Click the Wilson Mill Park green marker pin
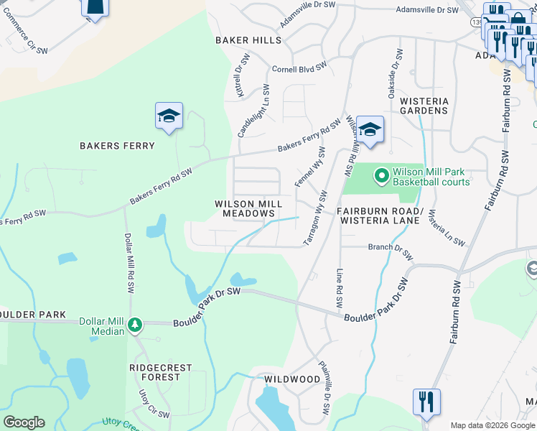(380, 175)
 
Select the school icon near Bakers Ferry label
(169, 116)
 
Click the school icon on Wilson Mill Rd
(370, 130)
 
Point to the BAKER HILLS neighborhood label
(248, 40)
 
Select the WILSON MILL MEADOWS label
(248, 209)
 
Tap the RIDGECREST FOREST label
(160, 372)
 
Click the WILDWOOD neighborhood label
(291, 379)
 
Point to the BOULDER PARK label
(33, 315)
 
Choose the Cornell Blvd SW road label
(299, 70)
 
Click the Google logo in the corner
(24, 422)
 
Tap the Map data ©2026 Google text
(492, 425)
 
